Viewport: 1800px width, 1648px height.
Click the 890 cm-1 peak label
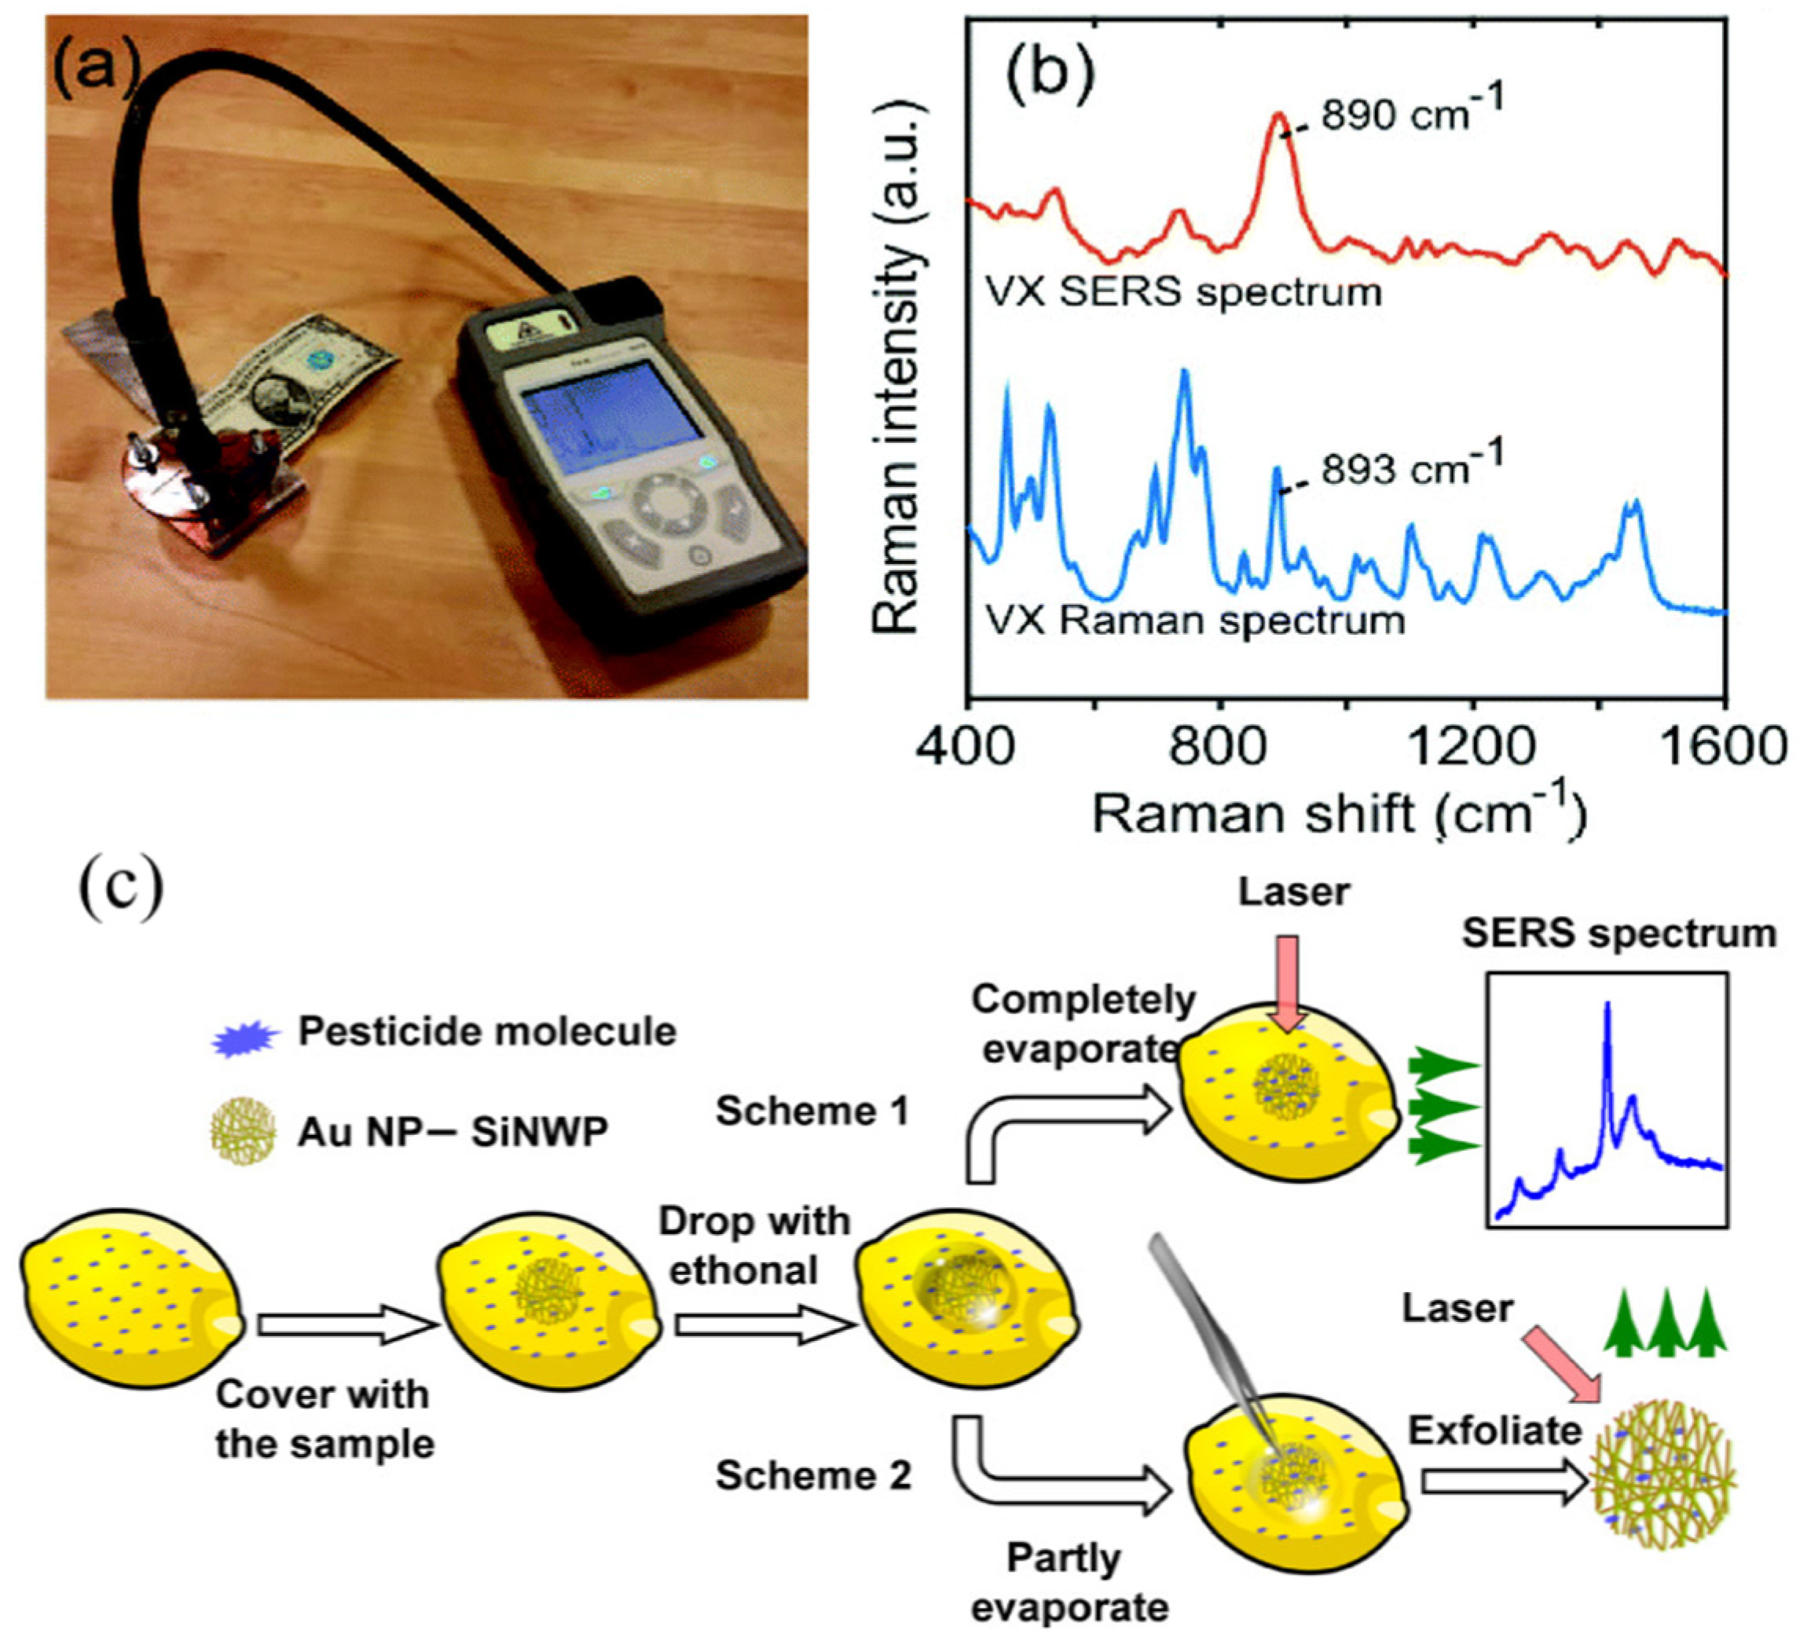[1412, 113]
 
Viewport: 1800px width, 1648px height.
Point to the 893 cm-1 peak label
[1412, 466]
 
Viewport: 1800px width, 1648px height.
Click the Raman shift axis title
[1340, 813]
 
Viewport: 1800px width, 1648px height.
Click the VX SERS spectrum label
[1183, 292]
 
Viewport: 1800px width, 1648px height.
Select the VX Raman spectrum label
[1195, 620]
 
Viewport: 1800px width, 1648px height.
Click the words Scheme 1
[811, 1111]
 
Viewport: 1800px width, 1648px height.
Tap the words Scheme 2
[812, 1476]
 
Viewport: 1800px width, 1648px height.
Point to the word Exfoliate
[1494, 1430]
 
